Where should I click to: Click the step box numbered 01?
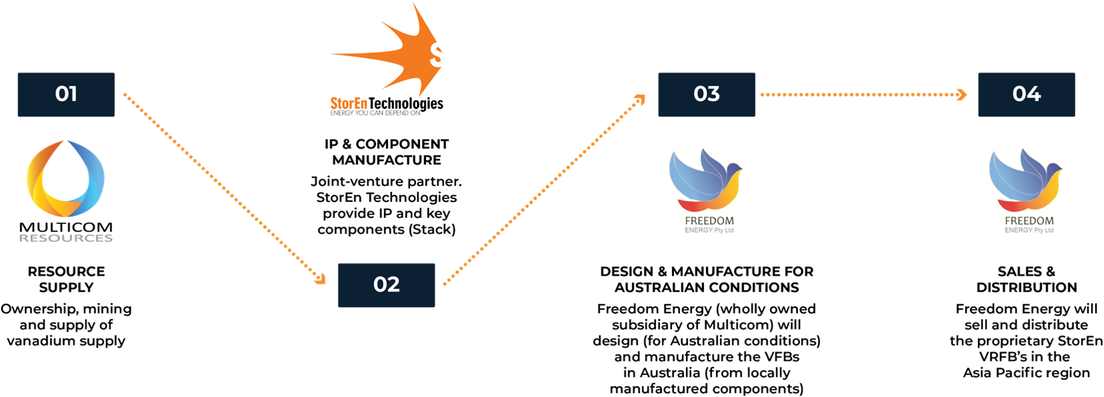click(x=66, y=95)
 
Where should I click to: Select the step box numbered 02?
click(x=387, y=285)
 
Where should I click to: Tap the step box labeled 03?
click(x=706, y=95)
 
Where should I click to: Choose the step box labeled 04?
click(x=1026, y=95)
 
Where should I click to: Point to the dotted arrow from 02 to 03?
click(x=543, y=190)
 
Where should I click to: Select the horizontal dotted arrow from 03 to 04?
click(x=861, y=95)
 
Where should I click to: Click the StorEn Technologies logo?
click(x=387, y=64)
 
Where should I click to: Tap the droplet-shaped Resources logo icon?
click(x=66, y=179)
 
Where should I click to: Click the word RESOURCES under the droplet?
click(x=66, y=238)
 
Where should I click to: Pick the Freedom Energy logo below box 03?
click(x=707, y=191)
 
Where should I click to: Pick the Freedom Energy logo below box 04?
click(x=1027, y=191)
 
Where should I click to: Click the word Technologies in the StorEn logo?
click(x=406, y=103)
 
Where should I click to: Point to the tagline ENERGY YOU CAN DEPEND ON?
click(x=375, y=113)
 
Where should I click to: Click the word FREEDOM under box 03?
click(x=709, y=221)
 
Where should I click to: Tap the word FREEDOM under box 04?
click(x=1030, y=221)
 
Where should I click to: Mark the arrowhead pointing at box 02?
click(x=320, y=279)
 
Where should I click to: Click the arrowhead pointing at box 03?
click(x=640, y=100)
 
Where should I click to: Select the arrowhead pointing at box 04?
click(x=963, y=95)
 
